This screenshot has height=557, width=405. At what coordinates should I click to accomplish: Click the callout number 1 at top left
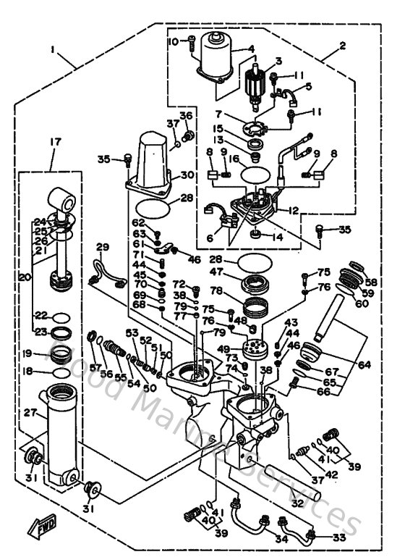[x=54, y=49]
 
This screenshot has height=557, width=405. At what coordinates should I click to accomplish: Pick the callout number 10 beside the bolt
[x=174, y=42]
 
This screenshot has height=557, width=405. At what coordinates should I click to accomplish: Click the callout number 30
[x=187, y=175]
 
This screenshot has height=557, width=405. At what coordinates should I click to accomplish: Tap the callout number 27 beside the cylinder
[x=29, y=413]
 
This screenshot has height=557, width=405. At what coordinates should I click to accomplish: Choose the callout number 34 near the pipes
[x=281, y=539]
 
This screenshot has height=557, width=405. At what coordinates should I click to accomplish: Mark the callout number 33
[x=337, y=537]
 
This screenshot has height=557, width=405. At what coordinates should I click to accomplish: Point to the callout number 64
[x=364, y=364]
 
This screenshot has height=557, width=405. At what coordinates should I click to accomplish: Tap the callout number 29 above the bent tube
[x=102, y=248]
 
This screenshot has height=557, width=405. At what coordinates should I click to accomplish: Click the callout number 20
[x=24, y=277]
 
